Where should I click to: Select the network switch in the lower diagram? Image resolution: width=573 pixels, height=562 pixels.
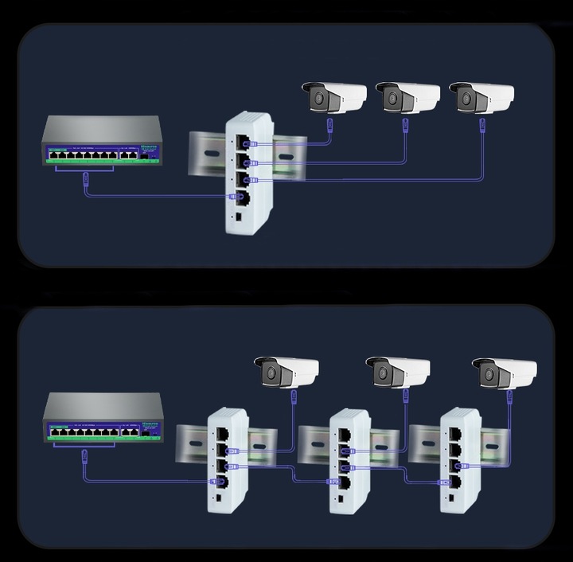click(x=103, y=418)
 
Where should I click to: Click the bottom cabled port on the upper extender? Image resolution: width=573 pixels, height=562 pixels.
click(x=238, y=196)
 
